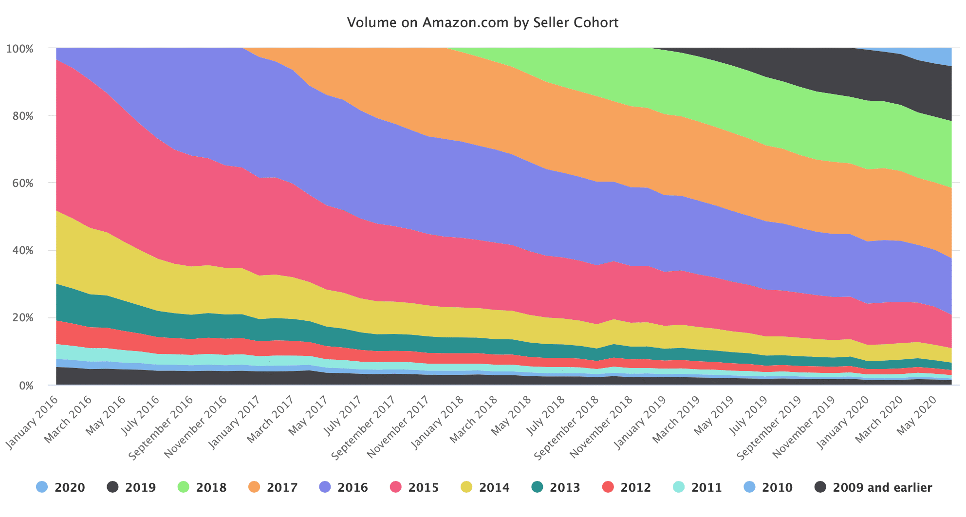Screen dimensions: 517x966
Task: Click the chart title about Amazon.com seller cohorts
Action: pyautogui.click(x=483, y=22)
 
